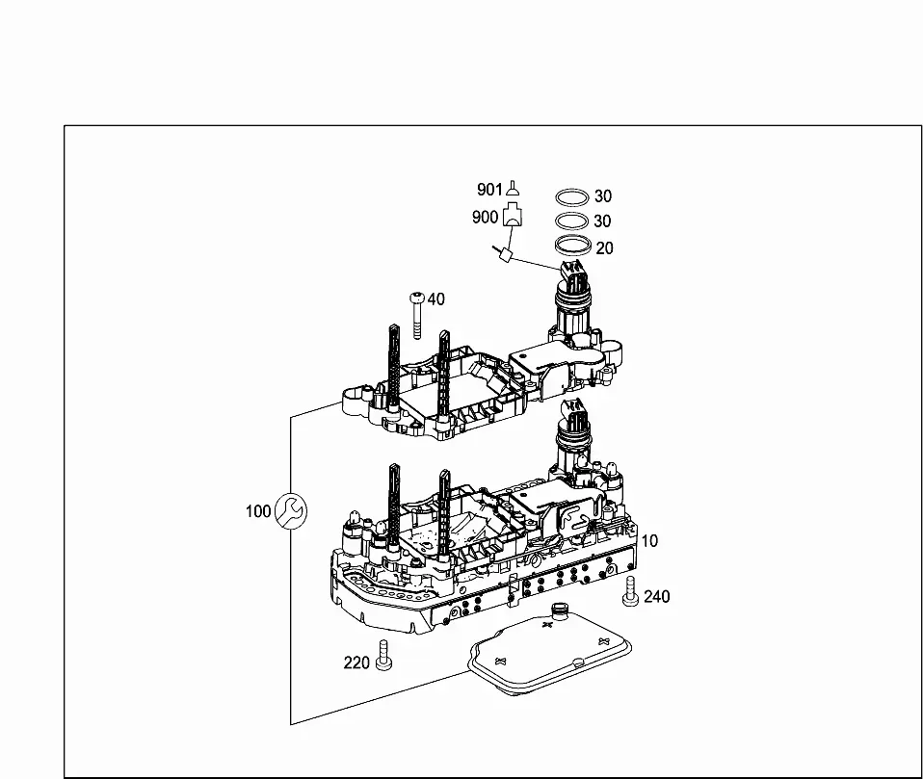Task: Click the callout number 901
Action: tap(489, 190)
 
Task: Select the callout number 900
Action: tap(485, 217)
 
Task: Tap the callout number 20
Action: tap(604, 248)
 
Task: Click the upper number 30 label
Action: tap(603, 195)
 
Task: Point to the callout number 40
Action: tap(435, 299)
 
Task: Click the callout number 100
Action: tap(258, 511)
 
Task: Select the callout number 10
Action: tap(649, 541)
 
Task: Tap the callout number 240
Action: tap(657, 597)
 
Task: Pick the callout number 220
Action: tap(356, 663)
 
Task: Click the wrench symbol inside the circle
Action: tap(291, 510)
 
